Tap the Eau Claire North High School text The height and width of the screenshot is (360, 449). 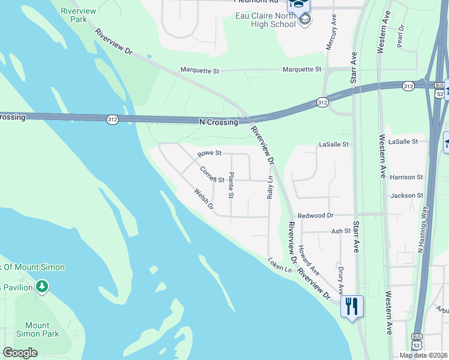[x=267, y=20]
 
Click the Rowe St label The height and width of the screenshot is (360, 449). [x=209, y=154]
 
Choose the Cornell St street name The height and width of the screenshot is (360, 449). [x=212, y=175]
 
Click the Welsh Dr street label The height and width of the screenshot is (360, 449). [x=204, y=199]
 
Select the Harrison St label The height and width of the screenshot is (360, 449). [x=406, y=178]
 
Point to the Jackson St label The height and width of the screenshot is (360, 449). [x=406, y=196]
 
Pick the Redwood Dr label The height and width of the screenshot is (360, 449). [x=315, y=215]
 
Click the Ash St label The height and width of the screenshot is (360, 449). [x=340, y=231]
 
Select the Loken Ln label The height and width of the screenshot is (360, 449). [x=280, y=265]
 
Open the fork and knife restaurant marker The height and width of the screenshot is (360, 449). [x=351, y=307]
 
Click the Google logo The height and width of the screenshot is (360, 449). [x=20, y=353]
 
